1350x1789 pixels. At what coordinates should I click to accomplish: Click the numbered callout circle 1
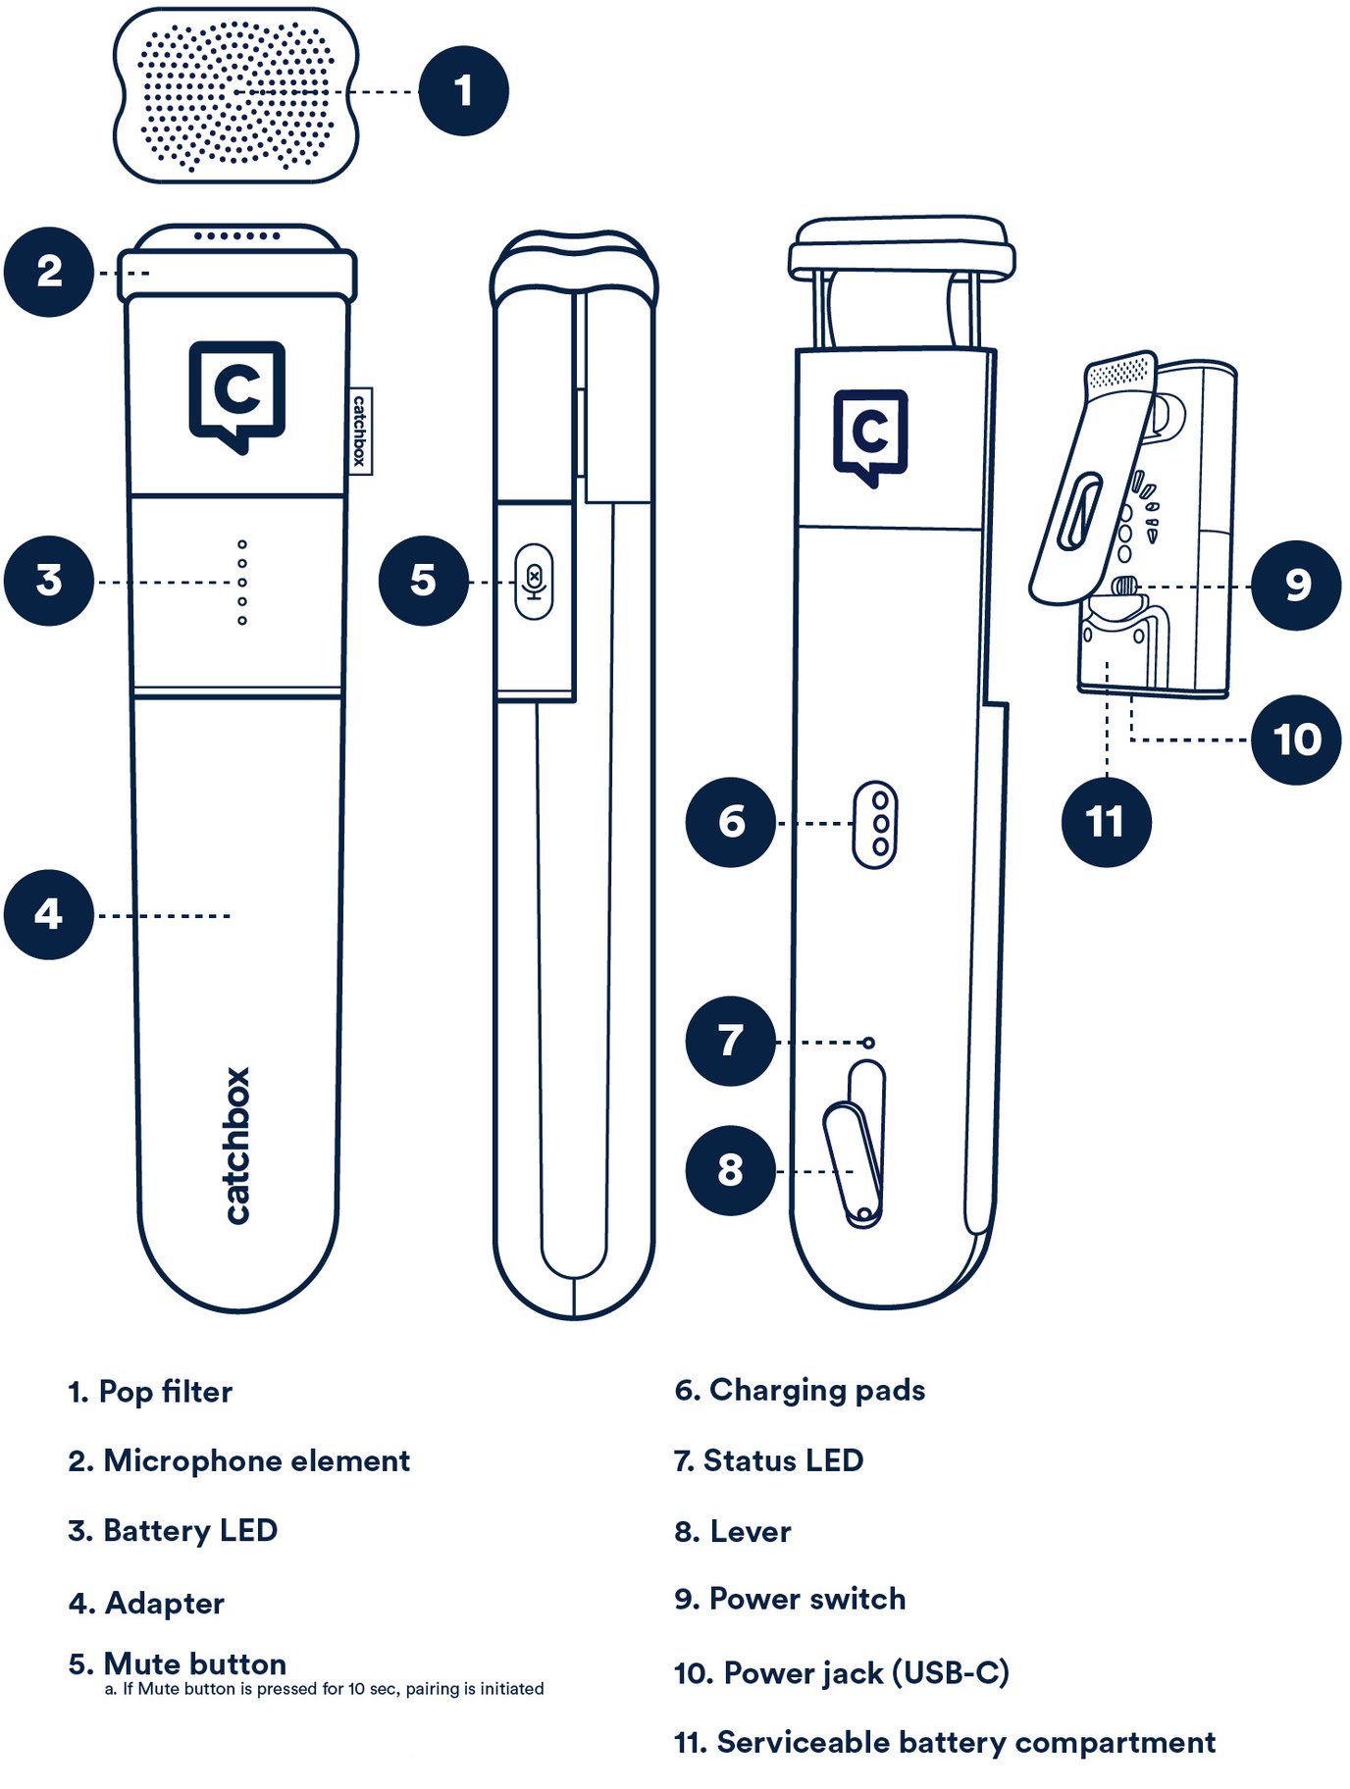(463, 91)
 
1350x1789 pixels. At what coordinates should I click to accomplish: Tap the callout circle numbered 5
(423, 581)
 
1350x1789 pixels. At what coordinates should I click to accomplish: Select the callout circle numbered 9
(1296, 586)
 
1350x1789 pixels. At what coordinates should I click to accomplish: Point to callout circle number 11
(1106, 822)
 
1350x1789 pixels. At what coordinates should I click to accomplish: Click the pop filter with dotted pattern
(235, 95)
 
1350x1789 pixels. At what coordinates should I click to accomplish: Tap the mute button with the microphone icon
(534, 582)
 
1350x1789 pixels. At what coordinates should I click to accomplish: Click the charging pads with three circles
(874, 824)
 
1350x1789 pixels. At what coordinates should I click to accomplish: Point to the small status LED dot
(868, 1043)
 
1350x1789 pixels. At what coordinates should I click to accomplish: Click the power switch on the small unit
(1125, 587)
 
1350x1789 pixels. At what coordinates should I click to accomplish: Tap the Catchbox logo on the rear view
(870, 435)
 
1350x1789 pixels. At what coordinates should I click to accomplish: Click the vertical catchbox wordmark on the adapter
(237, 1145)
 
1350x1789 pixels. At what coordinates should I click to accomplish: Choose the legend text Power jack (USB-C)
(841, 1672)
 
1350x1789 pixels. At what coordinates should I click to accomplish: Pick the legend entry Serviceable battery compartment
(944, 1742)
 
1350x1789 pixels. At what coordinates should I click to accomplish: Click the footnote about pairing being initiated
(324, 1689)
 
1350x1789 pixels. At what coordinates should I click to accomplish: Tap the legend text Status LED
(768, 1460)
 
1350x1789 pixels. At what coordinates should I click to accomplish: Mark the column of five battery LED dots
(242, 582)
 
